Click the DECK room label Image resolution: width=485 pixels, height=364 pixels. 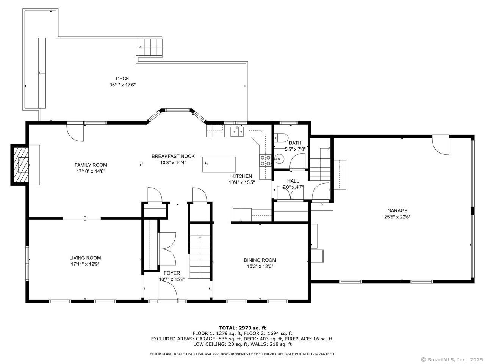pos(122,78)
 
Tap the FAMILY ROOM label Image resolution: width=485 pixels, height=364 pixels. pos(91,165)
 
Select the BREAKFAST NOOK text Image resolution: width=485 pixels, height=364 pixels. pos(173,156)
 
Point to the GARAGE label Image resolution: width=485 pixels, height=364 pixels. pos(397,210)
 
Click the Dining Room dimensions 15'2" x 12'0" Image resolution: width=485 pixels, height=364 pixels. pos(260,266)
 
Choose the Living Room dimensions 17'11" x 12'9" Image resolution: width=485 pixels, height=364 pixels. pos(85,264)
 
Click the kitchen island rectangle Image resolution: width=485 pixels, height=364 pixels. pos(219,164)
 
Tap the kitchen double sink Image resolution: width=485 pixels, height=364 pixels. pos(237,131)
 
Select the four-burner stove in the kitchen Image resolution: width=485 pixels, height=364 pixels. pos(265,160)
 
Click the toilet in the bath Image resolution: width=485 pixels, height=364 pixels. pos(280,138)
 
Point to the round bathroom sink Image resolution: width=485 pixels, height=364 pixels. pos(280,158)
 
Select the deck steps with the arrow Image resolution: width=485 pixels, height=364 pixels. pos(150,47)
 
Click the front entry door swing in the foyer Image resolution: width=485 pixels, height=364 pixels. pos(168,291)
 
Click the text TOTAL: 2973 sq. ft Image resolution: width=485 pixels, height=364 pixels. pos(242,328)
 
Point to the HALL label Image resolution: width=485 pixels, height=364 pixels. pos(293,181)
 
